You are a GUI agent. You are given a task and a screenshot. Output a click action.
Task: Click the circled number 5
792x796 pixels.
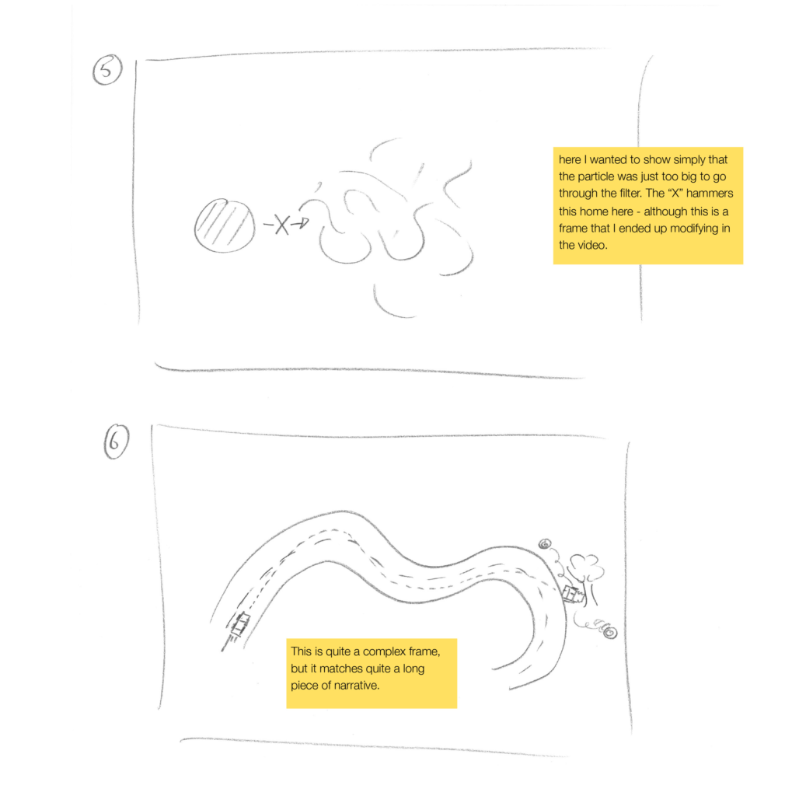pyautogui.click(x=107, y=69)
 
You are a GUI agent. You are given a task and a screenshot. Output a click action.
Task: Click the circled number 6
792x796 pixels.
pyautogui.click(x=117, y=442)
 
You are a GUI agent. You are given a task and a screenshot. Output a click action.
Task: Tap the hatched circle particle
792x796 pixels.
pyautogui.click(x=225, y=226)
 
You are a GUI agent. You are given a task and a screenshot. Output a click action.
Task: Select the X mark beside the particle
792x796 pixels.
pyautogui.click(x=282, y=225)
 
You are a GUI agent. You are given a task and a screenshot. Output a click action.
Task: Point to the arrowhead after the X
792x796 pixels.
pyautogui.click(x=304, y=222)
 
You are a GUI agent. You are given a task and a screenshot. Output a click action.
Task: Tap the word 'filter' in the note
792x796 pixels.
pyautogui.click(x=630, y=194)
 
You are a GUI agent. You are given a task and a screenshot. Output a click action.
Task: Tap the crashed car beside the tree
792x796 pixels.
pyautogui.click(x=572, y=594)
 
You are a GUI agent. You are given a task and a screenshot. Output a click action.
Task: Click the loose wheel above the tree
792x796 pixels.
pyautogui.click(x=545, y=544)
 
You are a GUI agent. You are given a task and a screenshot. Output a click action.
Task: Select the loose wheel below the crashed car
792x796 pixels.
pyautogui.click(x=610, y=633)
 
